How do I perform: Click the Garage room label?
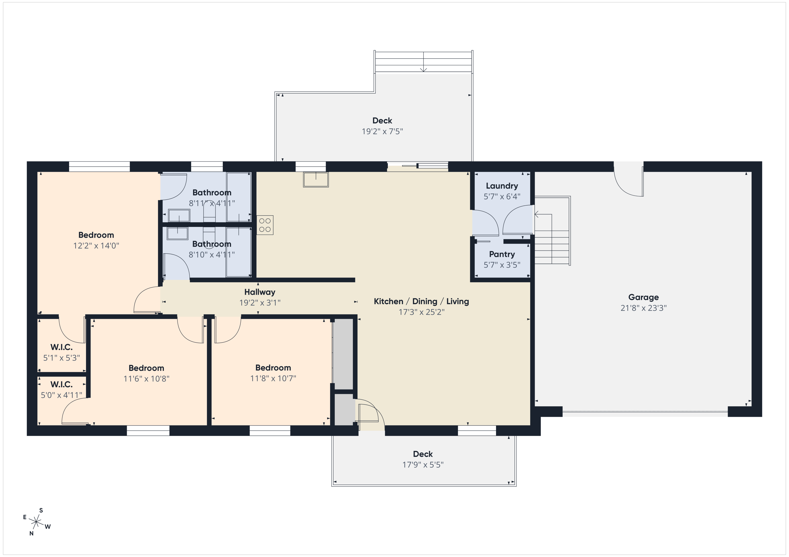click(x=643, y=297)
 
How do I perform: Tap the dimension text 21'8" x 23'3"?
click(x=643, y=308)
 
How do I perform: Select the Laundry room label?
click(x=502, y=186)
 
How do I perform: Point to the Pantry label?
click(x=502, y=254)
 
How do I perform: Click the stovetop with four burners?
click(x=265, y=225)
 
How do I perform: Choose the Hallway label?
click(x=260, y=292)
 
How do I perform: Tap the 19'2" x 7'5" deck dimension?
click(x=382, y=132)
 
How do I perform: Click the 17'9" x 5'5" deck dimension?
click(x=423, y=465)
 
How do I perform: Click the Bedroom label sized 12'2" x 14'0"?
click(x=96, y=235)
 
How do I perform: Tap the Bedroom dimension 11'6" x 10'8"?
click(x=146, y=378)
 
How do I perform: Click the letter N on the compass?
click(x=31, y=533)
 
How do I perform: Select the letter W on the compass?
click(x=48, y=527)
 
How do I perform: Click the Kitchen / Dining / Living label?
click(x=421, y=301)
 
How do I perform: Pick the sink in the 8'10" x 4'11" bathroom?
click(x=177, y=233)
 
